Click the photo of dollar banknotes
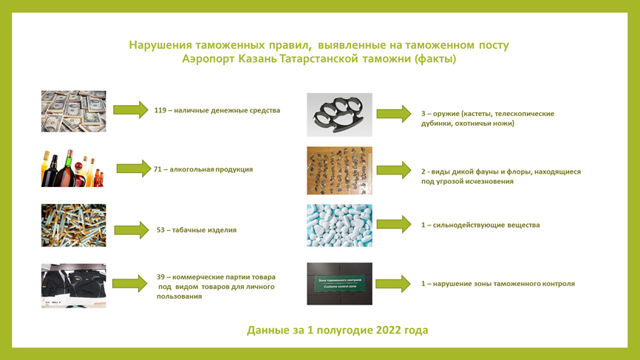(x=73, y=111)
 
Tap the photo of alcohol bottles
(x=72, y=168)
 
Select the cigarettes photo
(x=73, y=225)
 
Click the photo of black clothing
(x=73, y=285)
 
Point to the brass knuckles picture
(x=340, y=115)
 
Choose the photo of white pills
(x=340, y=225)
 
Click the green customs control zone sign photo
(x=340, y=284)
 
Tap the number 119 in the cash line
(x=160, y=110)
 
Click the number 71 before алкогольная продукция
(x=157, y=169)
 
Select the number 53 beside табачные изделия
(x=160, y=230)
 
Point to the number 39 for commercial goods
(x=160, y=276)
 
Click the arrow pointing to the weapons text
(x=394, y=114)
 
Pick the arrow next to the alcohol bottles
(x=134, y=168)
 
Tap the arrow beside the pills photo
(x=394, y=224)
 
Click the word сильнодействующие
(x=468, y=225)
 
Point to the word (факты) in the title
(x=435, y=59)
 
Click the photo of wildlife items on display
(x=340, y=171)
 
